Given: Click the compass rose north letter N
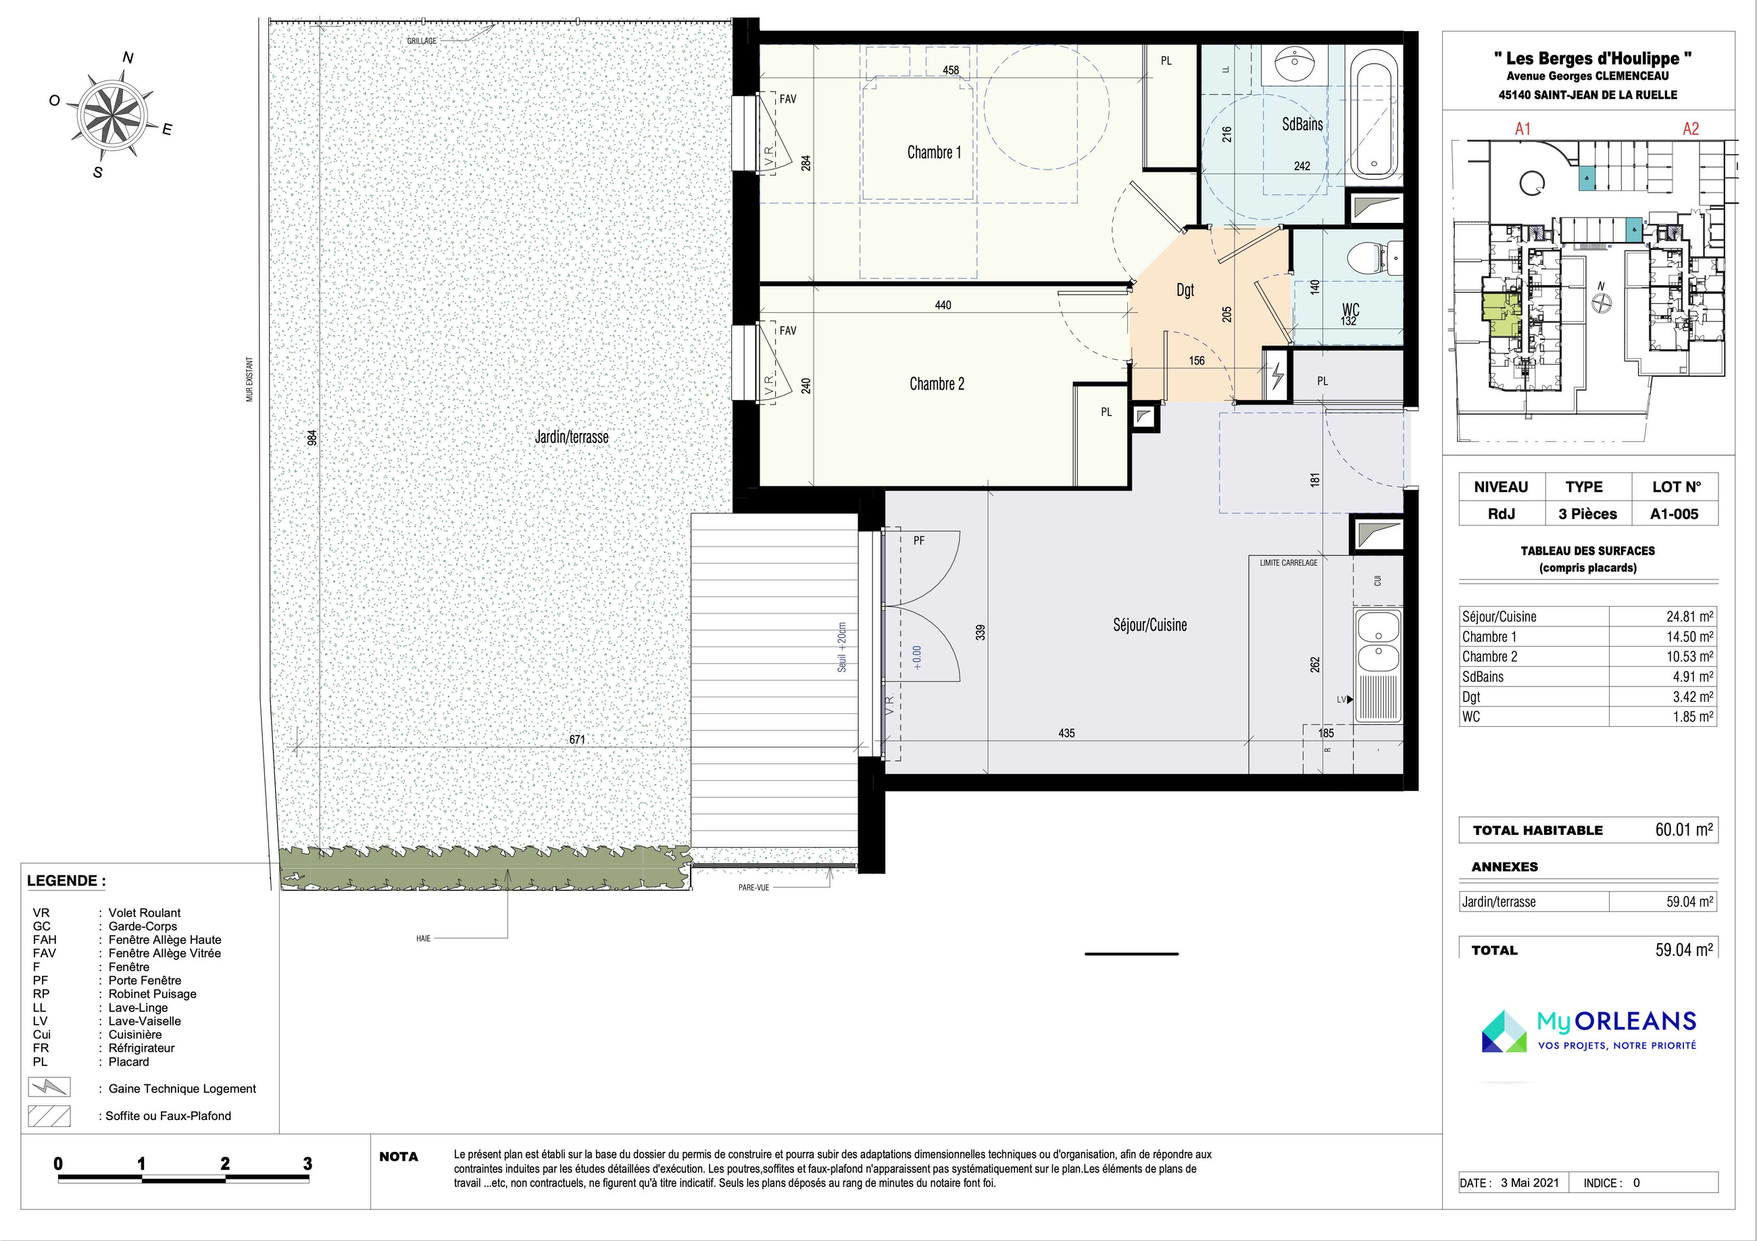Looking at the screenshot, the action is (128, 57).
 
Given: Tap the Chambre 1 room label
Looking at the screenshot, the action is (934, 152).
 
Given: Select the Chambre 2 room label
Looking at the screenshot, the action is (937, 384).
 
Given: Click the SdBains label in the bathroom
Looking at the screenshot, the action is (1302, 124).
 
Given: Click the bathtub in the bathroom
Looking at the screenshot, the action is (1375, 120).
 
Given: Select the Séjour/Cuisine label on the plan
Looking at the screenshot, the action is (1149, 625).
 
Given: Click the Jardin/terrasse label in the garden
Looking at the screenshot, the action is (572, 437).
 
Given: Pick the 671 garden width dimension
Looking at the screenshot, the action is (577, 739).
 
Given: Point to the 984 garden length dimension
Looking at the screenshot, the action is (312, 438).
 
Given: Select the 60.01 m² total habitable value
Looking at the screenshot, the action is (1684, 830).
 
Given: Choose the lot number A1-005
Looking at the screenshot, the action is (1675, 514).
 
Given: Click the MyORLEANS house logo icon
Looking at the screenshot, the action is (1504, 1031).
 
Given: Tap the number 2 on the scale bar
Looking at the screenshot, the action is (225, 1164).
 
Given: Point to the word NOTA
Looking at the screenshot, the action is (399, 1157).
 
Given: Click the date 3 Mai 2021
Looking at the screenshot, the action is (1530, 1182).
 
